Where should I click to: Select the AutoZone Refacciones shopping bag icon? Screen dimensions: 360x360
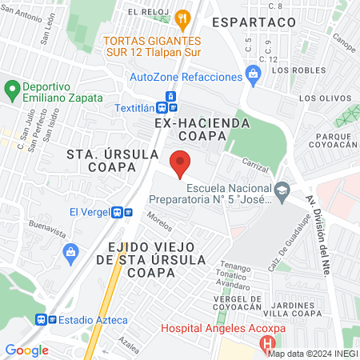pos(254,77)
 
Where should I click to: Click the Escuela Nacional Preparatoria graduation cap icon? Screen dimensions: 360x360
pos(282,190)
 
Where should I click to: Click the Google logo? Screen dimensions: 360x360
pos(27,350)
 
